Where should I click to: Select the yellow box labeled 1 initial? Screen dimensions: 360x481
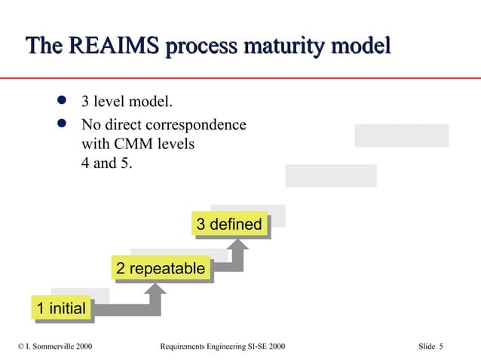(x=61, y=307)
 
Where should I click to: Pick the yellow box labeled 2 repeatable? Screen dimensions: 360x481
(x=160, y=268)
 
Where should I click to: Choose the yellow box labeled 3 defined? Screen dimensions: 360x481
(x=229, y=224)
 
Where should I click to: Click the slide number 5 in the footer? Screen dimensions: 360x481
(x=441, y=346)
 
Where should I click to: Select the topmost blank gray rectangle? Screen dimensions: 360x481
(x=401, y=136)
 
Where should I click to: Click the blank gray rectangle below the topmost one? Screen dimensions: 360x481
(x=330, y=175)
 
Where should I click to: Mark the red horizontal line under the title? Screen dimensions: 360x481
(x=240, y=78)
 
